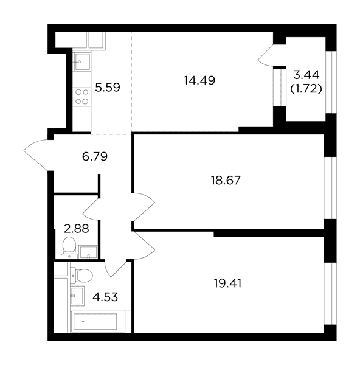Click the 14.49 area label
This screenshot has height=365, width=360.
tap(199, 80)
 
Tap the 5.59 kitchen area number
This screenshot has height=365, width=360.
tap(108, 88)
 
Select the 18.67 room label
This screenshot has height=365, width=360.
tap(226, 181)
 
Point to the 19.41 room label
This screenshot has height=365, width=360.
tap(227, 283)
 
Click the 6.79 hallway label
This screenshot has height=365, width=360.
tap(95, 156)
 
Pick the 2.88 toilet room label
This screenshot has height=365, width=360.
tap(77, 229)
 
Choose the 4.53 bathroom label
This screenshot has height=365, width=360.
tap(105, 297)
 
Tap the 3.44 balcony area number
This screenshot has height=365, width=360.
tap(306, 75)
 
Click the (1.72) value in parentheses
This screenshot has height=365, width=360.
tap(306, 89)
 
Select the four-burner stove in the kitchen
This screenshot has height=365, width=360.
tap(81, 97)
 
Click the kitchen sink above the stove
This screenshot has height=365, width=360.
tap(81, 61)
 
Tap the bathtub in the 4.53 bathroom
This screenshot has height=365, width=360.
tap(95, 321)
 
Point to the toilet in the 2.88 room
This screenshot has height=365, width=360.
tap(69, 248)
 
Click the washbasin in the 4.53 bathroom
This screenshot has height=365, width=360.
tap(77, 296)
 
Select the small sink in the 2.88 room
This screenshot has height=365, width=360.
tap(88, 252)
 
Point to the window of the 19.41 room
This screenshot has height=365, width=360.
tap(330, 294)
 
